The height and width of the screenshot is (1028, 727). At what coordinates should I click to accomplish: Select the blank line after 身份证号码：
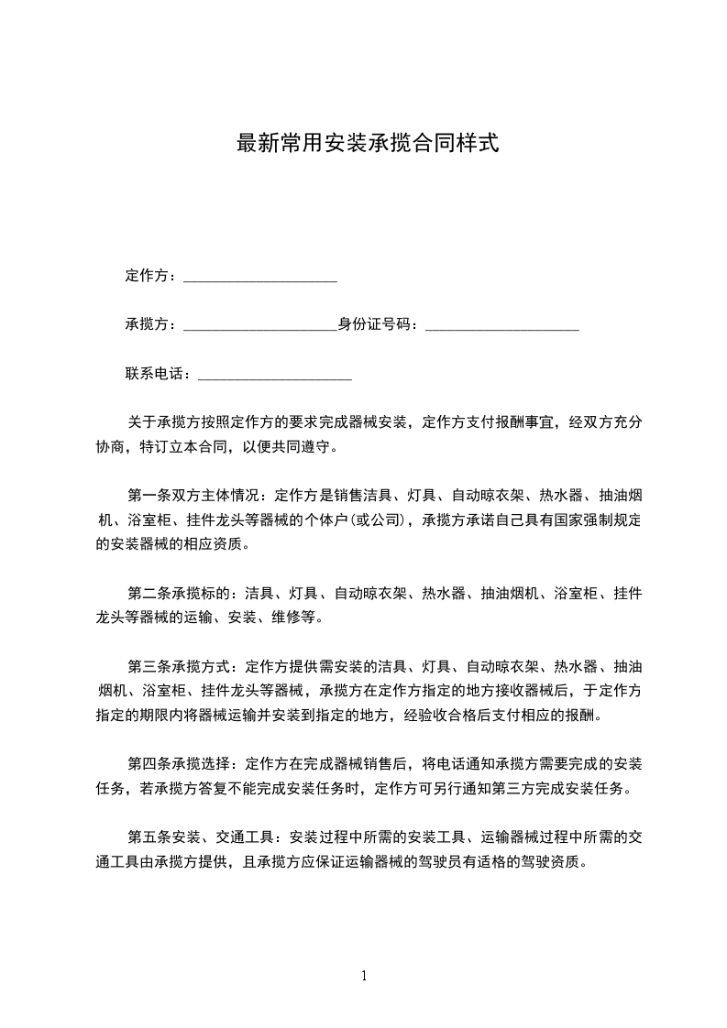502,327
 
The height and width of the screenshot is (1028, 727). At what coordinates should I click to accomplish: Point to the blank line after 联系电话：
275,376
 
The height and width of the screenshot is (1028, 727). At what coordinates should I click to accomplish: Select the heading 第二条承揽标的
179,594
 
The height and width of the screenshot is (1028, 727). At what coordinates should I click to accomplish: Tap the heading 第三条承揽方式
179,666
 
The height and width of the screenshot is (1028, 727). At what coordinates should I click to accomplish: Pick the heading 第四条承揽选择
179,763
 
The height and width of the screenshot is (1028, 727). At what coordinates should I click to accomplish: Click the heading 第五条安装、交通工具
201,837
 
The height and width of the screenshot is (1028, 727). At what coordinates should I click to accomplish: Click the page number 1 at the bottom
364,976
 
